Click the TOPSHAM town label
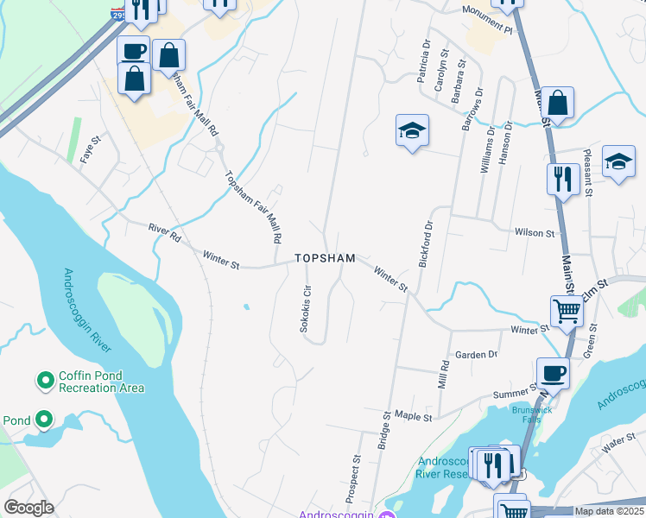click(x=325, y=258)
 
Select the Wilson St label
click(x=534, y=233)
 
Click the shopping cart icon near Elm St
click(x=567, y=310)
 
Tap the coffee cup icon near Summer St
click(x=553, y=373)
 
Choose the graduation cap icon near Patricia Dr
click(x=412, y=130)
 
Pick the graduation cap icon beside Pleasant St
click(x=618, y=161)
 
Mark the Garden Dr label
click(x=477, y=354)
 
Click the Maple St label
click(x=413, y=416)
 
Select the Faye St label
click(x=90, y=153)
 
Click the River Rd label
click(x=163, y=232)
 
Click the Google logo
click(x=28, y=508)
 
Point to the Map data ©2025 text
click(x=609, y=511)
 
